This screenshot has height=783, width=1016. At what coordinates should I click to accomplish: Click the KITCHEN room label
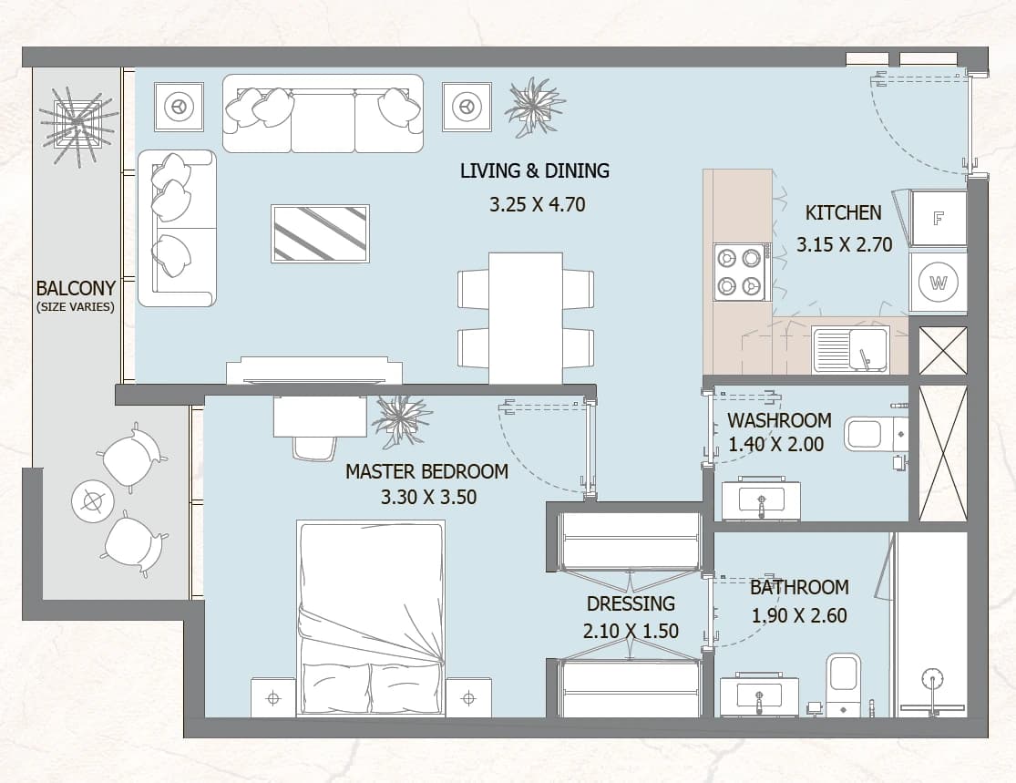click(843, 212)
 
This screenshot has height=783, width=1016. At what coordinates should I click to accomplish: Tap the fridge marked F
click(938, 219)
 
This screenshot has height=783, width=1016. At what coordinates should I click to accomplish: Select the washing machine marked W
click(938, 283)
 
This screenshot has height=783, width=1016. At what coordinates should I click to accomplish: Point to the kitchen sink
click(851, 350)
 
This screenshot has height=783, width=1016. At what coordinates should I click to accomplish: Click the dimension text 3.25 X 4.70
click(537, 205)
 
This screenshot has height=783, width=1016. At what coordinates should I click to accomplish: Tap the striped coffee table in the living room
click(320, 234)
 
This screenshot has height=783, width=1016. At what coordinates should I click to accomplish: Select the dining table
click(526, 318)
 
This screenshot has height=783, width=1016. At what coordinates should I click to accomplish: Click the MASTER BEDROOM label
click(426, 471)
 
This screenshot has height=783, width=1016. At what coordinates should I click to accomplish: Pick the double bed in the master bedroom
click(371, 618)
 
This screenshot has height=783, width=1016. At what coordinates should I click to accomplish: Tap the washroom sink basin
click(762, 500)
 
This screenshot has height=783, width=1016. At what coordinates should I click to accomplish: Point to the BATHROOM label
click(799, 587)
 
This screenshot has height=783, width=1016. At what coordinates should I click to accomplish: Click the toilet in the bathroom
click(844, 685)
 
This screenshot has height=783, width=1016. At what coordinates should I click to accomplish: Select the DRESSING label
click(631, 603)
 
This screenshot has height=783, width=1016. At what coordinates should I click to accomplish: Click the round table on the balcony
click(93, 501)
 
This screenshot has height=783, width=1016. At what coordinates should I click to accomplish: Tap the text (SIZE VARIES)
click(75, 306)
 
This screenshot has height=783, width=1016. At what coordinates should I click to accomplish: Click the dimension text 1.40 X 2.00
click(775, 445)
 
